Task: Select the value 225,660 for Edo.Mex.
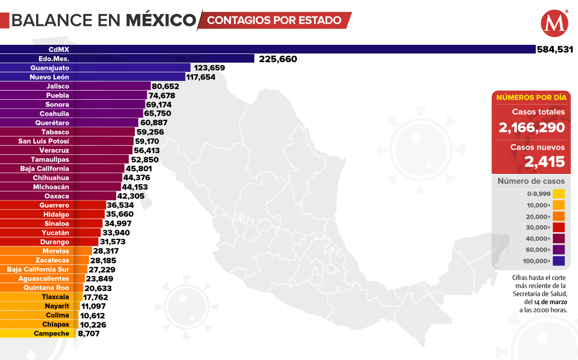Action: click(278, 59)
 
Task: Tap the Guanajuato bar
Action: click(96, 68)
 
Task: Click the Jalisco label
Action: click(58, 86)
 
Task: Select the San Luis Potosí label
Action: click(44, 141)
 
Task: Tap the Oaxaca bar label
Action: click(57, 196)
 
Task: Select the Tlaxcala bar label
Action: click(55, 297)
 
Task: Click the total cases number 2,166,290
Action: click(531, 128)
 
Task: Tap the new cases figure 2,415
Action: click(544, 162)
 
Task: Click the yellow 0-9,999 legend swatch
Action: click(559, 194)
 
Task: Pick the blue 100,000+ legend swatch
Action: click(559, 261)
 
